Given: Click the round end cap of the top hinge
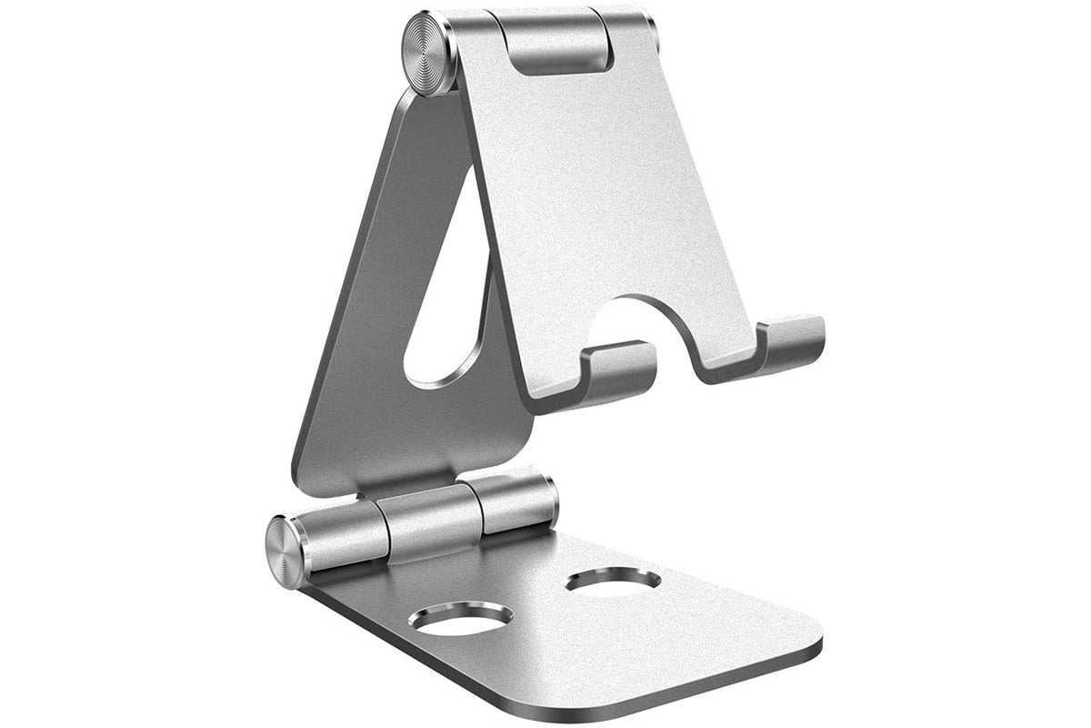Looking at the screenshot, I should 430,52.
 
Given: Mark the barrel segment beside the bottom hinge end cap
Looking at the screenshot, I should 350,537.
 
